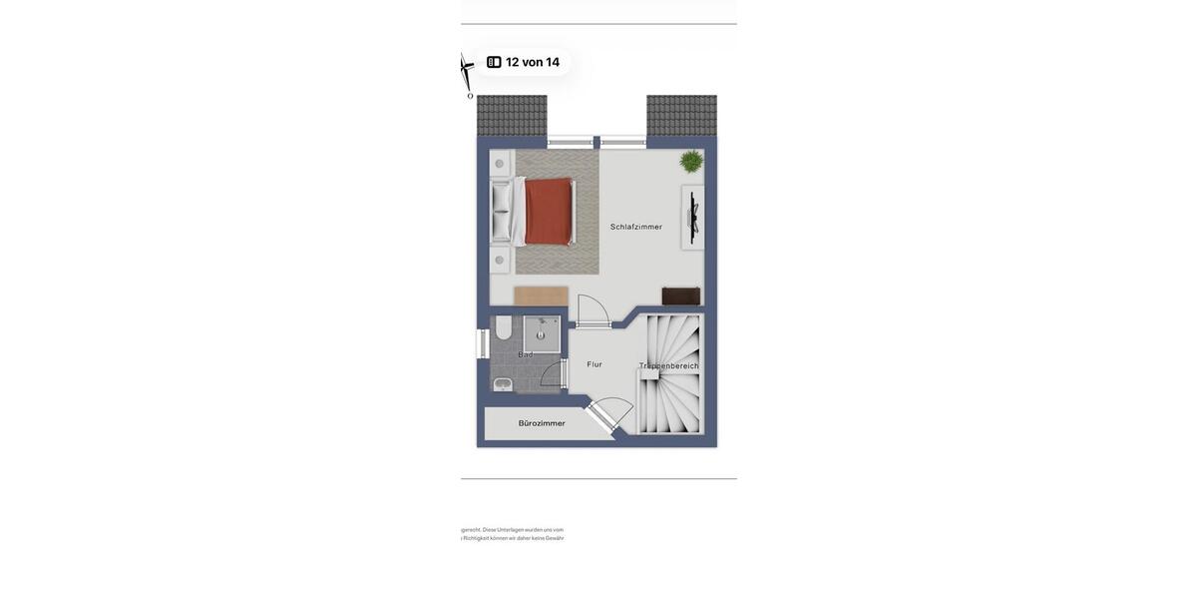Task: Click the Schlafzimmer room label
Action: [x=636, y=227]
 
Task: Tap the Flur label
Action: [x=595, y=364]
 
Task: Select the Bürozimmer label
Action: [x=542, y=423]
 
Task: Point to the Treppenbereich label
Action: [x=669, y=366]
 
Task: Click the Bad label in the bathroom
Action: [x=526, y=354]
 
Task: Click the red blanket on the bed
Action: [x=549, y=212]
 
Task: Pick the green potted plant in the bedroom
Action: [x=691, y=161]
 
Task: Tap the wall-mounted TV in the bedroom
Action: [x=693, y=218]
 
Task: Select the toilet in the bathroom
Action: [x=504, y=327]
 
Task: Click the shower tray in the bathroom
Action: [x=542, y=334]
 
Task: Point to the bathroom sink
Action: [x=503, y=384]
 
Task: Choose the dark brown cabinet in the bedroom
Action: [x=681, y=297]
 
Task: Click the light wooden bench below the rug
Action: [x=541, y=297]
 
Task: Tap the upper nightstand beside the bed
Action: [x=500, y=164]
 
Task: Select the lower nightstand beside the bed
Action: [x=500, y=261]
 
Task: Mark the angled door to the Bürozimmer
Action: [x=610, y=412]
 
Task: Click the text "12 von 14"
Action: [x=533, y=62]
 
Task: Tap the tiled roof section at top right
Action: [x=681, y=115]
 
